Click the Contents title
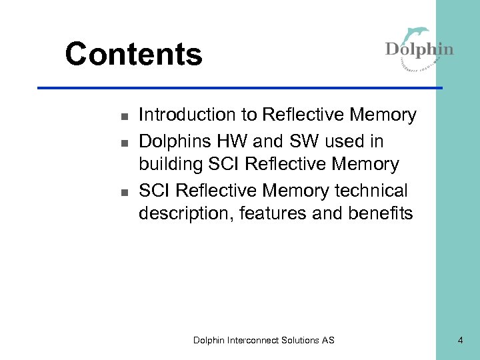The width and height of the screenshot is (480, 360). pyautogui.click(x=133, y=54)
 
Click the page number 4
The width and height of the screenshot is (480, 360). pyautogui.click(x=460, y=340)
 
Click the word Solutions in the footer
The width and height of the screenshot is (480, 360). pyautogui.click(x=301, y=340)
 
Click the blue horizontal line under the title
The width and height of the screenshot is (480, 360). pyautogui.click(x=240, y=87)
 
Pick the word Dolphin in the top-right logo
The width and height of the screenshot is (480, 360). pyautogui.click(x=419, y=50)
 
